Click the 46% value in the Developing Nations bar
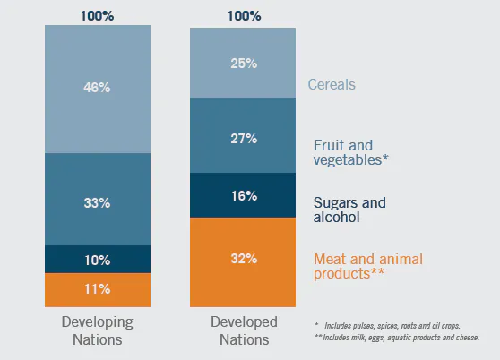click(97, 87)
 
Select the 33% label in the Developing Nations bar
click(97, 203)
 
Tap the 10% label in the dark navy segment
click(98, 261)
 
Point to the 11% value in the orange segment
click(98, 289)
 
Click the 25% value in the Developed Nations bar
click(244, 64)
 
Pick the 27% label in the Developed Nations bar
click(244, 139)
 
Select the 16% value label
click(245, 196)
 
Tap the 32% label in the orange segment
click(244, 259)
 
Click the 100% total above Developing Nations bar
click(98, 15)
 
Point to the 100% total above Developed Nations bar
click(245, 15)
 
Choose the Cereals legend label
click(332, 84)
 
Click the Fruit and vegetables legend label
click(350, 152)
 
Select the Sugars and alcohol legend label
click(349, 210)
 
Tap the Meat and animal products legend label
click(368, 266)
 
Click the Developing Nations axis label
click(98, 330)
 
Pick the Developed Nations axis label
click(245, 330)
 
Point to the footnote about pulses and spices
click(387, 326)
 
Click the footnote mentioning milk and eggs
click(396, 338)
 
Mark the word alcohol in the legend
click(336, 217)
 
